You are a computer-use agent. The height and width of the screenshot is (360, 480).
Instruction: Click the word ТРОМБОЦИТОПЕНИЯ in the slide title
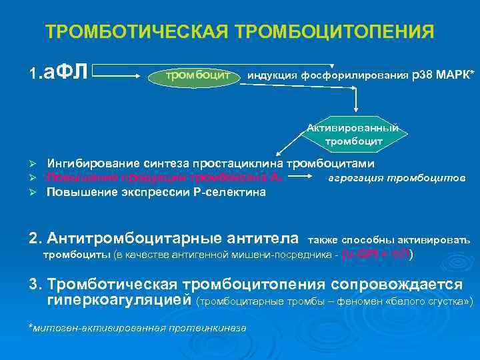(331, 32)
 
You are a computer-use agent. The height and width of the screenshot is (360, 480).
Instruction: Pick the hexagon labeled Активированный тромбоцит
(353, 135)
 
